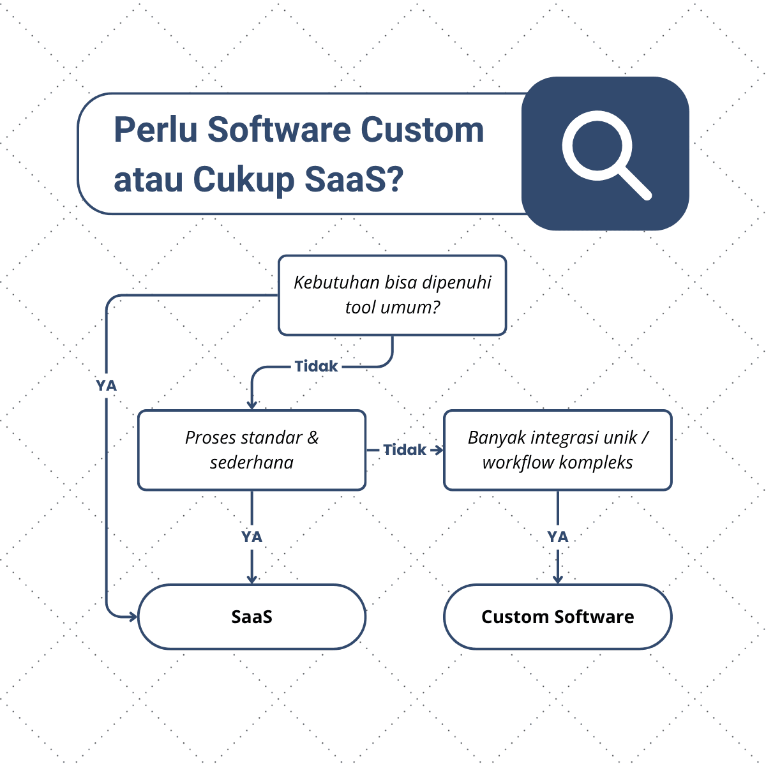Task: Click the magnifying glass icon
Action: (x=605, y=154)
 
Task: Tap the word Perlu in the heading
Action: (x=155, y=130)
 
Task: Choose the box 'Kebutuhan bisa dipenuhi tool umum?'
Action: (x=392, y=295)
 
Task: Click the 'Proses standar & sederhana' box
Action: (x=252, y=450)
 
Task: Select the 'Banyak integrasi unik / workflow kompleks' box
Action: (x=557, y=450)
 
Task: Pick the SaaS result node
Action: (x=252, y=617)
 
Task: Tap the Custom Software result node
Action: (x=557, y=617)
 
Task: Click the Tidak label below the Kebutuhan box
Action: (x=316, y=366)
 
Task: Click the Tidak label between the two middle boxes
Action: (x=404, y=450)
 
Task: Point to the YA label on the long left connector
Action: (x=107, y=386)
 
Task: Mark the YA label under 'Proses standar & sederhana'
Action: (x=252, y=537)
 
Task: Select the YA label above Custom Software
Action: (x=557, y=537)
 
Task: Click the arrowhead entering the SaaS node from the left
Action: (x=133, y=617)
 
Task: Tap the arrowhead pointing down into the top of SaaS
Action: (x=252, y=579)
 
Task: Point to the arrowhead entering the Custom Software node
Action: (x=557, y=579)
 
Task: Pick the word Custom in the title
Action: (x=423, y=130)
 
